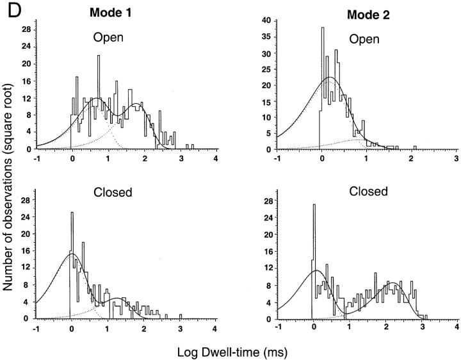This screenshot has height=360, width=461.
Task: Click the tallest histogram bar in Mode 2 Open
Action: [x=322, y=28]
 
